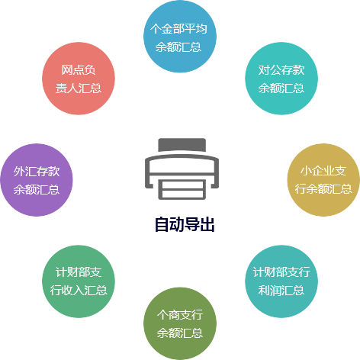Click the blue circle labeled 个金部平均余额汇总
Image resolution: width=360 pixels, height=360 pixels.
tap(180, 36)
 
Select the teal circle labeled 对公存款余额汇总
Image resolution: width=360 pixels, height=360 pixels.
tap(281, 79)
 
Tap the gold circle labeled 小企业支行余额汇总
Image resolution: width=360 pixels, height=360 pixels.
tap(323, 180)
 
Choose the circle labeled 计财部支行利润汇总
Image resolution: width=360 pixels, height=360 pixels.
tap(281, 281)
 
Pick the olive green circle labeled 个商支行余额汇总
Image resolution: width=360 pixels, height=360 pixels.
tap(180, 323)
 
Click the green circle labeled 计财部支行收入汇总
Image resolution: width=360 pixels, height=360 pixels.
tap(79, 281)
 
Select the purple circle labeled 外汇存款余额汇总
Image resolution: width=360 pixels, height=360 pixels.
tap(37, 180)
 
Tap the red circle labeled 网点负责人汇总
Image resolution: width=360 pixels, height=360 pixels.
tap(79, 79)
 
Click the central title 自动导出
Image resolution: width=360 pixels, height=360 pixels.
tap(185, 224)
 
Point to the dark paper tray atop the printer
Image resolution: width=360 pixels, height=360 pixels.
tap(182, 145)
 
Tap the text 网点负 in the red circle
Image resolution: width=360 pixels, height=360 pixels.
tap(79, 70)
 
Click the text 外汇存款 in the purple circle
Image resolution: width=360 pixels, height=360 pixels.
tap(37, 172)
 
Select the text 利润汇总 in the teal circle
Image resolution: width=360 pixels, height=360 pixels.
tap(281, 290)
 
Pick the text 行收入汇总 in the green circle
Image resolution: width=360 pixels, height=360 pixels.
tap(79, 290)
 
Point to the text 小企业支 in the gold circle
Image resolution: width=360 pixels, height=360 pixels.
tap(323, 171)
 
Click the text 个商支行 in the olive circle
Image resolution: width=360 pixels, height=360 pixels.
tap(180, 315)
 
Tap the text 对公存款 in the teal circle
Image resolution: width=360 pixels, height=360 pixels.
tap(281, 70)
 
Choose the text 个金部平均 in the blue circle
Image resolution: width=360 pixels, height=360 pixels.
tap(178, 28)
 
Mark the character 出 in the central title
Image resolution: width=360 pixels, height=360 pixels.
tap(207, 224)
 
